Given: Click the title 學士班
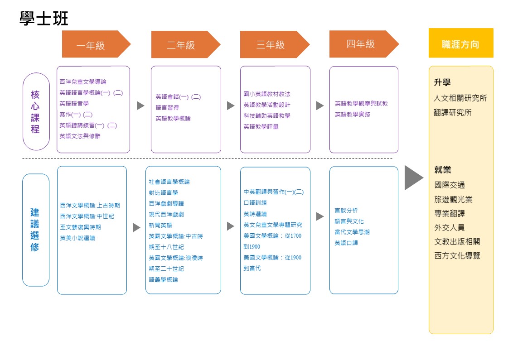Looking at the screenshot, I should point(44,19).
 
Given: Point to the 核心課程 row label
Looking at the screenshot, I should point(35,111).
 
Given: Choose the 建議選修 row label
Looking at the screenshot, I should point(35,230).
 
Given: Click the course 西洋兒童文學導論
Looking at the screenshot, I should point(83,82).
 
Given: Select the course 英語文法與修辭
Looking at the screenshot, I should point(80,136).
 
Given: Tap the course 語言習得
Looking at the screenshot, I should point(167,107).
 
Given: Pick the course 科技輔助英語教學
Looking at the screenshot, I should point(266,115).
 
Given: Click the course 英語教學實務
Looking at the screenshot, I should point(352,115).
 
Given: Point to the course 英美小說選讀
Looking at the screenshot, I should point(77,238).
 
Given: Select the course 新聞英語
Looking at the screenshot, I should point(160,225).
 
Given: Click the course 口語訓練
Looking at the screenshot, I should point(255,203).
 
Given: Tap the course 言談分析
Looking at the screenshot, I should point(346,210).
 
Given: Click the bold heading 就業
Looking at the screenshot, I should point(442,170).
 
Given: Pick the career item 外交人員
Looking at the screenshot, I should point(449,227).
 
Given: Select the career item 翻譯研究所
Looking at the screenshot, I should point(452,112).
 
